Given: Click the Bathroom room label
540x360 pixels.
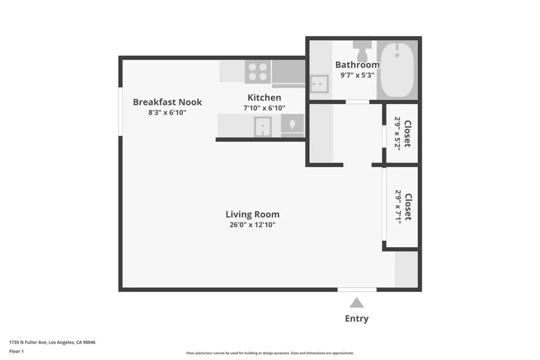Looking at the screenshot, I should pyautogui.click(x=357, y=65).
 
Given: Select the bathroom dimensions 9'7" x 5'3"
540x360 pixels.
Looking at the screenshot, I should pyautogui.click(x=357, y=75).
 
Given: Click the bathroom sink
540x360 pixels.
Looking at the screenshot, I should pyautogui.click(x=319, y=84).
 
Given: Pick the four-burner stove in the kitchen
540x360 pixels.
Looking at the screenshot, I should pyautogui.click(x=258, y=72).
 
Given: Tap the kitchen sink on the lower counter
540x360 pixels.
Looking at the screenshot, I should pyautogui.click(x=263, y=127).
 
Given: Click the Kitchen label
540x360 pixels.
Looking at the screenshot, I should pyautogui.click(x=264, y=98).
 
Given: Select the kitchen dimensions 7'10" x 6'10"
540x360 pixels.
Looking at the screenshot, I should pyautogui.click(x=264, y=108).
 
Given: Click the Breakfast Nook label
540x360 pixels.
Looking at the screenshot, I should pyautogui.click(x=167, y=102).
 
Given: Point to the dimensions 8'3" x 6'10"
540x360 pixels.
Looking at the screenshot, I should pyautogui.click(x=167, y=113).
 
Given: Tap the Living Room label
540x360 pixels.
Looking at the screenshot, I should pyautogui.click(x=252, y=215).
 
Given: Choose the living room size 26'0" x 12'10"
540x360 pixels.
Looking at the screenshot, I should pyautogui.click(x=252, y=225).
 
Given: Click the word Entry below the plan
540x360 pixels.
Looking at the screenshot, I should pyautogui.click(x=356, y=318).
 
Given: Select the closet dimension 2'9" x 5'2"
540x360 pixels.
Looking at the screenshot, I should pyautogui.click(x=398, y=134).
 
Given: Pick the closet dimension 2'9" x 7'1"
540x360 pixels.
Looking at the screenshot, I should pyautogui.click(x=399, y=207).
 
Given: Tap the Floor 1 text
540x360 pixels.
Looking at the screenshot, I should pyautogui.click(x=16, y=351).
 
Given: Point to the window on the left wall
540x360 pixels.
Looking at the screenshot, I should pyautogui.click(x=120, y=111).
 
